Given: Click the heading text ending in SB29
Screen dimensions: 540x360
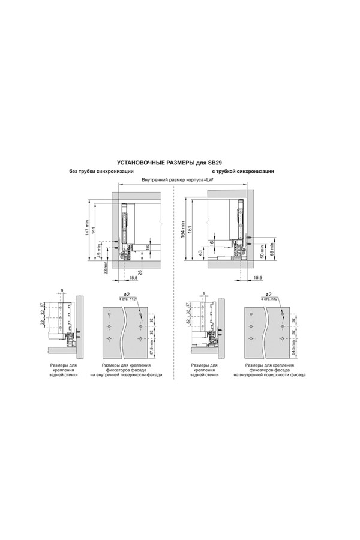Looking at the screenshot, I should click(180, 162).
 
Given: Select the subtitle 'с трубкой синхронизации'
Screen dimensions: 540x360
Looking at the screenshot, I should click(243, 172).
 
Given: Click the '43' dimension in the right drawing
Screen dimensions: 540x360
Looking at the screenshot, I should click(200, 253).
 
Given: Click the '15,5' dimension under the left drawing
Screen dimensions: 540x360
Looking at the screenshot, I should click(132, 278).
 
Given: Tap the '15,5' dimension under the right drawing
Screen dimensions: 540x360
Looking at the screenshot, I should click(257, 278).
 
